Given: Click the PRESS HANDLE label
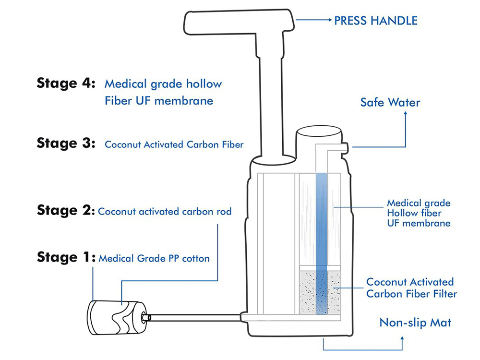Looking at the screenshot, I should coord(375,20).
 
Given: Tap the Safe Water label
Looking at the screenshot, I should coord(390,102).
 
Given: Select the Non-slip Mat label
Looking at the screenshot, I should coord(415,322).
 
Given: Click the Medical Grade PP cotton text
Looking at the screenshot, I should coord(154,259).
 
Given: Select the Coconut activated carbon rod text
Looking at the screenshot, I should coord(165,211).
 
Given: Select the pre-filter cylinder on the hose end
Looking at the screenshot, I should coord(115,316).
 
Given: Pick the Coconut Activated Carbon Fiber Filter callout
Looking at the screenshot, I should coord(411,288).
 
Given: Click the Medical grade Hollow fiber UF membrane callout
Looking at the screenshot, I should coord(419,213).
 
